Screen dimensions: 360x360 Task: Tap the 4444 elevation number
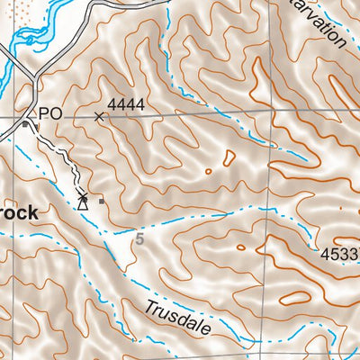point(126,105)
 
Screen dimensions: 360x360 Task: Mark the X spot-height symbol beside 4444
point(99,116)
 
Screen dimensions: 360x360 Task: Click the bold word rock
point(18,213)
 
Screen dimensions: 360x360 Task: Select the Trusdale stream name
point(177,319)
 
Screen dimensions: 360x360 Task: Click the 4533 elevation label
point(339,255)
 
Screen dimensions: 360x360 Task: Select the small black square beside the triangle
point(102,201)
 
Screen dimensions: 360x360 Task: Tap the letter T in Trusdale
point(148,307)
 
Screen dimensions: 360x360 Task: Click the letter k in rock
point(31,212)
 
